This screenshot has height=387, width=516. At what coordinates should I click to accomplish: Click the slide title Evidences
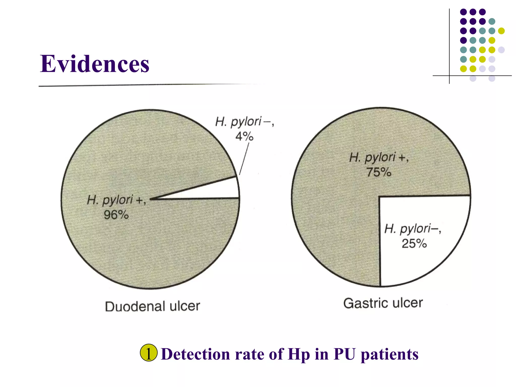94,64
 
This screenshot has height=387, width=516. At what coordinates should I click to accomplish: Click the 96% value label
116,215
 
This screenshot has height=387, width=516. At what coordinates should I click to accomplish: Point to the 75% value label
379,172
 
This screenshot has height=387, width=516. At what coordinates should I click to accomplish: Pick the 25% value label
414,243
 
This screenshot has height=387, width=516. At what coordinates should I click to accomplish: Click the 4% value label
244,136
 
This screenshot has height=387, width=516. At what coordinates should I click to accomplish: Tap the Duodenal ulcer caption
152,306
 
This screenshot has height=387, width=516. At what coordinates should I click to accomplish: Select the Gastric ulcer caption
383,303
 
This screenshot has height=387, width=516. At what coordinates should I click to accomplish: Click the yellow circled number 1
149,353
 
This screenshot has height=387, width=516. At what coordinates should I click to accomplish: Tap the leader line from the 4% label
244,159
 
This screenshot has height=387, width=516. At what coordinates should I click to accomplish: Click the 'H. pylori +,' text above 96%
116,200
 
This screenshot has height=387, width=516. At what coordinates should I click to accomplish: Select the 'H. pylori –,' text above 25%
412,229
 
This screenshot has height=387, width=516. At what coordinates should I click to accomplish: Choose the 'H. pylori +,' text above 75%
378,158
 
